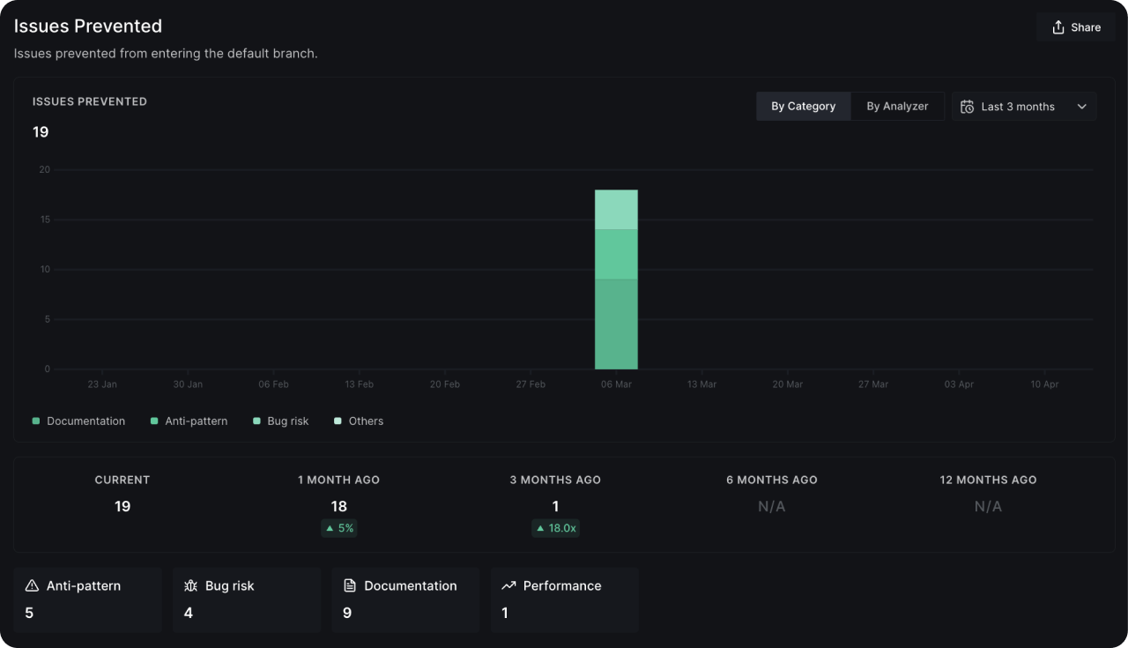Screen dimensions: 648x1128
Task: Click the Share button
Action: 1076,27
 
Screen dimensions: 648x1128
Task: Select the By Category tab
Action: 803,106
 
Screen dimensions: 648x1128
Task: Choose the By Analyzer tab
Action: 897,106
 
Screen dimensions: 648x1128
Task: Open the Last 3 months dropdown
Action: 1024,107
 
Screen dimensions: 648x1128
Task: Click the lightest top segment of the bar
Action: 616,210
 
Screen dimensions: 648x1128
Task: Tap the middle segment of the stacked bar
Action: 616,254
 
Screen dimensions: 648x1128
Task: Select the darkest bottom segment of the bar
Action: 616,324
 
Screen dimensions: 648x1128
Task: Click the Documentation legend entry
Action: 79,421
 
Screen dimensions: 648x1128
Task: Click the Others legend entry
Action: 359,421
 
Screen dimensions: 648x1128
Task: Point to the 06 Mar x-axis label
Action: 616,384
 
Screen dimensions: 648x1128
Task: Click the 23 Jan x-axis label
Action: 102,384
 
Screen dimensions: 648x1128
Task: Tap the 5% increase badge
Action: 339,528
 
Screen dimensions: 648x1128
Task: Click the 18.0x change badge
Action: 555,528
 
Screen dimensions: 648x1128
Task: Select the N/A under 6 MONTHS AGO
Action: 771,507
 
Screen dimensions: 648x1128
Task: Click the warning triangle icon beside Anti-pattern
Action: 33,585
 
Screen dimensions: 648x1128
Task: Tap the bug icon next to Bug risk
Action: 190,585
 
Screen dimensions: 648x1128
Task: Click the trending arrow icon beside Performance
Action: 508,585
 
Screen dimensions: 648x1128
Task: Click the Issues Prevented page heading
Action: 88,26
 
